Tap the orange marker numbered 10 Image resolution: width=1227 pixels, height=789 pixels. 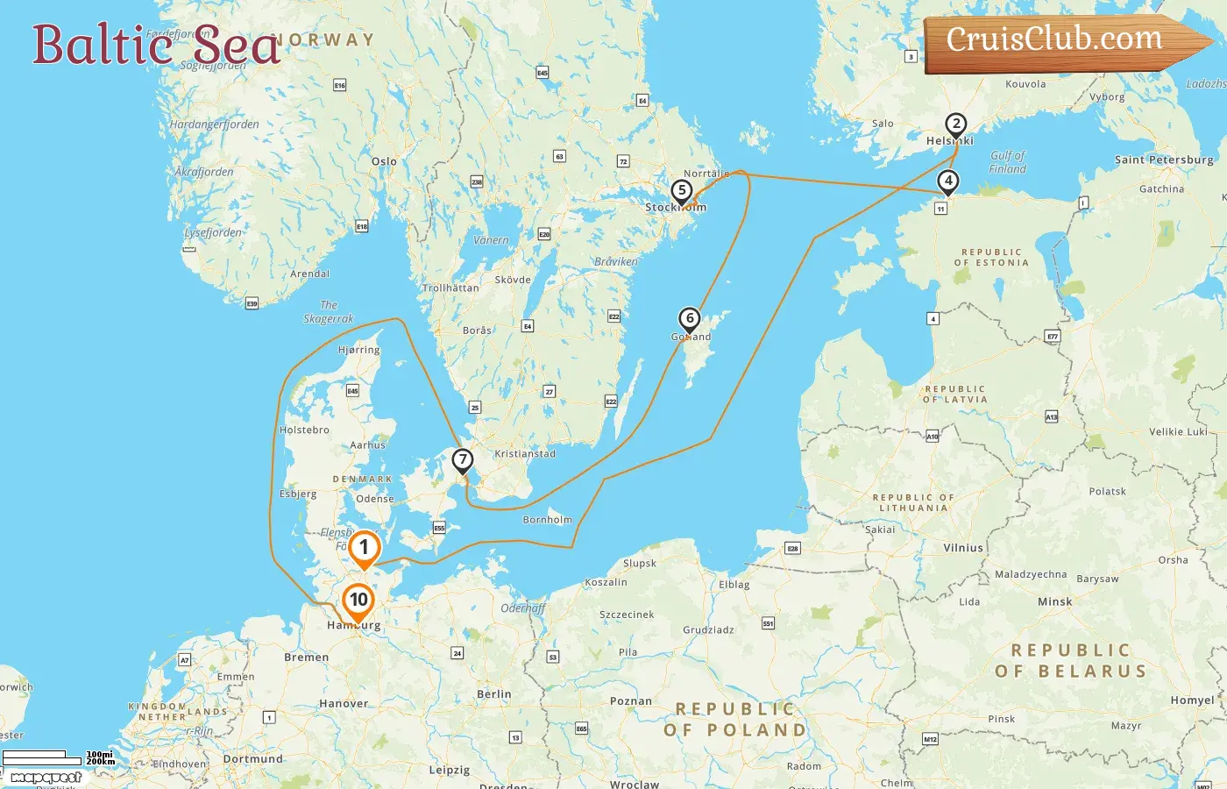point(358,601)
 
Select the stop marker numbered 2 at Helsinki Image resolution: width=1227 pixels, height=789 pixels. point(956,124)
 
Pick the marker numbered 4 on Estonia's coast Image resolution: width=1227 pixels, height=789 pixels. point(947,181)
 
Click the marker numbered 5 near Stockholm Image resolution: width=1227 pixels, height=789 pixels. point(682,190)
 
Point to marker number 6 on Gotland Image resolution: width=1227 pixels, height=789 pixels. point(690,319)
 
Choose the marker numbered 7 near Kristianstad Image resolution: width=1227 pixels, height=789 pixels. point(463,460)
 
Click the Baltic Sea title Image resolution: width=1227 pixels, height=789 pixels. point(156,45)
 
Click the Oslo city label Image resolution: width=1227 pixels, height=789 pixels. point(384,161)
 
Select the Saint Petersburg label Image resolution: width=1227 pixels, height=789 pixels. point(1164,160)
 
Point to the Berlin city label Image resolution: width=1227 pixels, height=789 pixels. point(494,693)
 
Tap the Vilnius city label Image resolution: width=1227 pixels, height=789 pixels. point(963,548)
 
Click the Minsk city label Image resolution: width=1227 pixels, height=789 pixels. point(1055,601)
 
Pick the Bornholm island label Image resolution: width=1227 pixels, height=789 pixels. point(547,520)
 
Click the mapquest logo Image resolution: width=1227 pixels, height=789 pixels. point(46,778)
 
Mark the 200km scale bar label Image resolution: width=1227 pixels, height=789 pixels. point(101,762)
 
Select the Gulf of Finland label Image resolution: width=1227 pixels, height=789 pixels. point(1007,162)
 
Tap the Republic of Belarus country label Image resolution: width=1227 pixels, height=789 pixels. point(1071,661)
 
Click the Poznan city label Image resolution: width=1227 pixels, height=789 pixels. point(631,701)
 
